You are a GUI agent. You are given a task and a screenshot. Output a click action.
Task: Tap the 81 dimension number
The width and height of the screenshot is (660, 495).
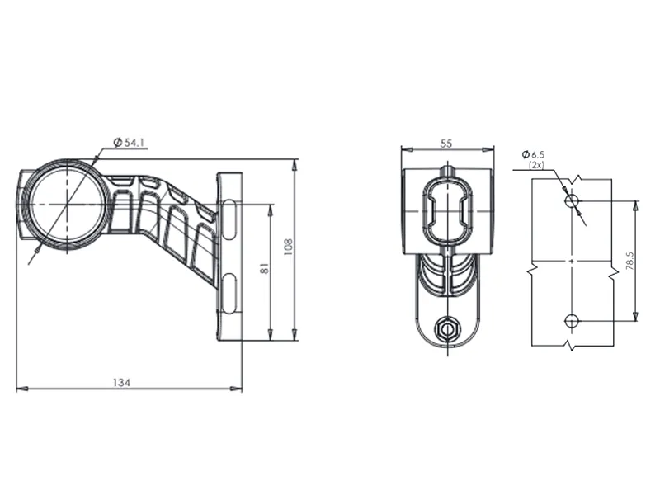point(263,269)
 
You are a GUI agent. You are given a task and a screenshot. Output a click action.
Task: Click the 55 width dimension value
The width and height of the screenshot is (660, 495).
point(446,143)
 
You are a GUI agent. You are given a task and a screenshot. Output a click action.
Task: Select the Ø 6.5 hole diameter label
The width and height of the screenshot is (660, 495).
point(534,154)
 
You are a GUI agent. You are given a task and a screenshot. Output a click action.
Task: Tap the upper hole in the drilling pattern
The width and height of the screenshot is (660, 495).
point(571,200)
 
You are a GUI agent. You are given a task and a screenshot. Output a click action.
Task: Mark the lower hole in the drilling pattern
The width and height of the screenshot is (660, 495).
point(571,320)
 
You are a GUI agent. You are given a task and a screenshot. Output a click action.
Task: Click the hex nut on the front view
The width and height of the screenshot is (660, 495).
point(447,328)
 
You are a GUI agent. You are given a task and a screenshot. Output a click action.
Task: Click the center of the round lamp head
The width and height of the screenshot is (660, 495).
point(64,204)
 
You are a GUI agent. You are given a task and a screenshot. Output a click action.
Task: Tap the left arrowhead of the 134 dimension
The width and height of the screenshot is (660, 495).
point(20,389)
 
